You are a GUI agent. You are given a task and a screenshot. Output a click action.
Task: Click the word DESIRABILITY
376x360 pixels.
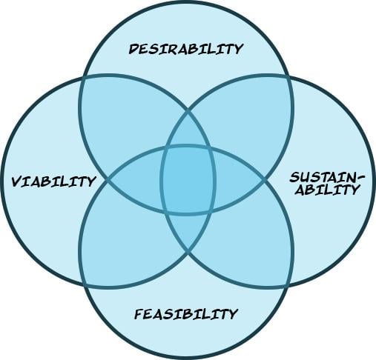tap(186, 49)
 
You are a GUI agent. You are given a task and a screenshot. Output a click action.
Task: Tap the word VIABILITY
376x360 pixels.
tap(53, 181)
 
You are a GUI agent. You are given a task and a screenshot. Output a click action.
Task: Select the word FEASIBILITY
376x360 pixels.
tap(185, 314)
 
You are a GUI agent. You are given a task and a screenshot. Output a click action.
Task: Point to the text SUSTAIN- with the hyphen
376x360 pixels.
tap(327, 178)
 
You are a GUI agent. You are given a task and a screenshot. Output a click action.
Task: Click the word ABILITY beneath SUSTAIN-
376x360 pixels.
tap(327, 190)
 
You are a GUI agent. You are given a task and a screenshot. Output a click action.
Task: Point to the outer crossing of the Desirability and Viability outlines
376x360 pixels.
tap(83, 76)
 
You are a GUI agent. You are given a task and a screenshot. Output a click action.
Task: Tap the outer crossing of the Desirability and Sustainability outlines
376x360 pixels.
tap(289, 76)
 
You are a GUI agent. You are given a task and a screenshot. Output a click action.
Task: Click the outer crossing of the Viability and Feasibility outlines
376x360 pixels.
tap(84, 285)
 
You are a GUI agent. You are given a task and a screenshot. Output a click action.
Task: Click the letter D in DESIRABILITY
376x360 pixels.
tap(133, 49)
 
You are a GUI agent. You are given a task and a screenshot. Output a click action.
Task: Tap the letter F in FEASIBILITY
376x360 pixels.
tap(138, 314)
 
